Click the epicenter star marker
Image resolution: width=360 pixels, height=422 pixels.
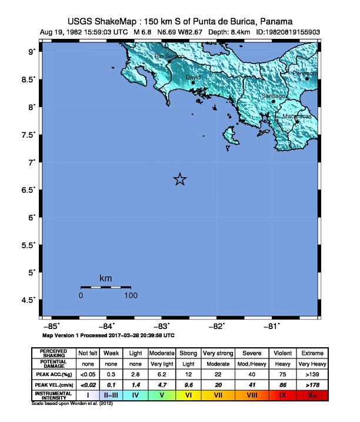[181, 180]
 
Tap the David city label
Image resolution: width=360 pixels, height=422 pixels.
[192, 77]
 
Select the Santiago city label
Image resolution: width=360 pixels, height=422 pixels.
[274, 95]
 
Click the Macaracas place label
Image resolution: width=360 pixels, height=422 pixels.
[297, 117]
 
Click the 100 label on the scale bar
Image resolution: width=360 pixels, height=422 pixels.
[131, 295]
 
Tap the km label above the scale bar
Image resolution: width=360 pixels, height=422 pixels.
[106, 278]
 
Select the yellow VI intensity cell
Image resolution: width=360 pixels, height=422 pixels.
[188, 395]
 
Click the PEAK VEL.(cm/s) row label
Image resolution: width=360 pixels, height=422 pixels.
[54, 384]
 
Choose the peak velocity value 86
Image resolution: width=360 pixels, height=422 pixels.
[282, 384]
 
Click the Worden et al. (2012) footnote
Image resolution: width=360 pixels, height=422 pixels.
[72, 404]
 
